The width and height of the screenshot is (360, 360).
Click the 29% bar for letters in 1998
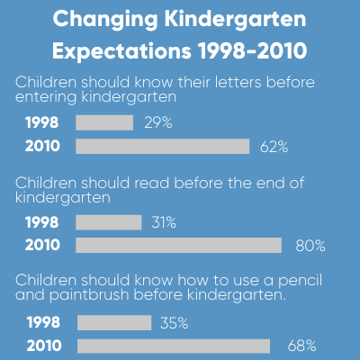[x=104, y=122]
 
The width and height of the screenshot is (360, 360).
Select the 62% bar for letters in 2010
[x=162, y=146]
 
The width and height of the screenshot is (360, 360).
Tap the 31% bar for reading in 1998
[x=108, y=222]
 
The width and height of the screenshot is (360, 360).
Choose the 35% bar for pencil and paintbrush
[x=114, y=322]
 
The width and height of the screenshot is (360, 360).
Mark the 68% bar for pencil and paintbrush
[x=174, y=346]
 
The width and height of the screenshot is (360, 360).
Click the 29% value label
[x=157, y=122]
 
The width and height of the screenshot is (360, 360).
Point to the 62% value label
[x=274, y=146]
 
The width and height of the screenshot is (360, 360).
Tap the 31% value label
[x=164, y=222]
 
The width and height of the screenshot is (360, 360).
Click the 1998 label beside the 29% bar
[x=44, y=122]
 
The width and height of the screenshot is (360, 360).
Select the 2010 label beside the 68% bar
[x=44, y=346]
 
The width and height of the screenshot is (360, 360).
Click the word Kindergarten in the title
[x=222, y=19]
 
